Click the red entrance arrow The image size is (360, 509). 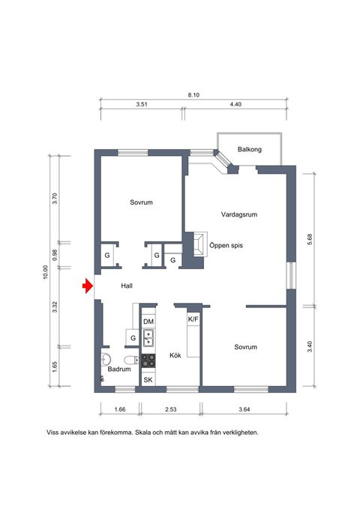[x=87, y=286]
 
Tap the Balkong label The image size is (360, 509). [x=250, y=148]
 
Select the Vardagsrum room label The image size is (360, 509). [x=239, y=214]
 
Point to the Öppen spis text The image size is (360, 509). [x=229, y=244]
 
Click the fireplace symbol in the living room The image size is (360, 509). [x=197, y=244]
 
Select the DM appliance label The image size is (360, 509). [x=148, y=322]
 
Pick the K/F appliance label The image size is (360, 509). [x=193, y=319]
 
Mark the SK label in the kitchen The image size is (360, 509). [x=148, y=381]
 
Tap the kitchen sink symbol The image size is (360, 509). [x=148, y=337]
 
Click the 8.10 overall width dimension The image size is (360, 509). [x=193, y=95]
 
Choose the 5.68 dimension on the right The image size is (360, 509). [x=310, y=238]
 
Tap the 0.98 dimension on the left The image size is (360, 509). [x=55, y=254]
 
